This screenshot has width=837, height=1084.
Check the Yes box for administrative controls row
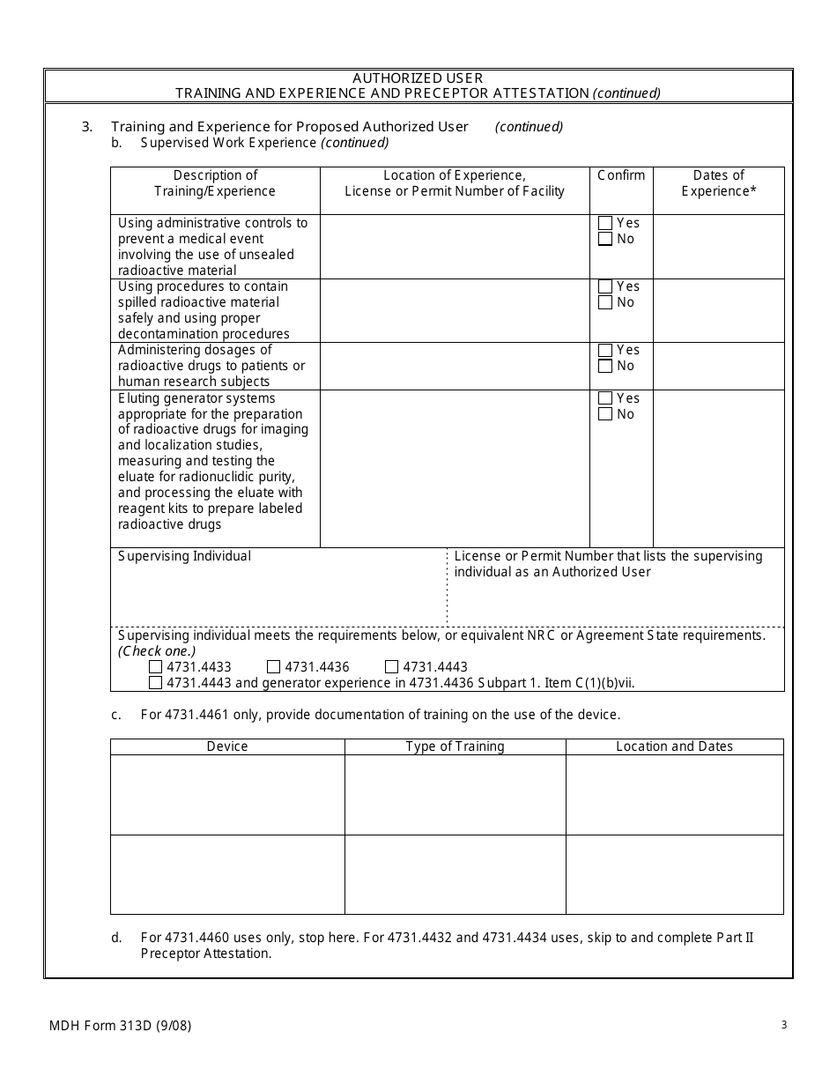coord(605,223)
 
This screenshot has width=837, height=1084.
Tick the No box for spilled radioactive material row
coord(605,302)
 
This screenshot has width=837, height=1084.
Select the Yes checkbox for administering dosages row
coord(605,350)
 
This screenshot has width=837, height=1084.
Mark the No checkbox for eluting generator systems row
coord(605,414)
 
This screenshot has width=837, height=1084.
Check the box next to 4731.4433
coord(156,667)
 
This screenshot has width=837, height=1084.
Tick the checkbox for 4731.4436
coord(274,667)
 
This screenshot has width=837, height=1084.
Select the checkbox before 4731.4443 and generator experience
coord(156,683)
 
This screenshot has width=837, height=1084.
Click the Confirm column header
coord(621,175)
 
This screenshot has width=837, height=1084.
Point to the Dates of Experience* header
coord(718,183)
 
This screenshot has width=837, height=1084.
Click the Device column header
coord(227,746)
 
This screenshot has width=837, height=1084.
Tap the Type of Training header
coord(455,746)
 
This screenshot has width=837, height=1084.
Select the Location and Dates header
coord(674,746)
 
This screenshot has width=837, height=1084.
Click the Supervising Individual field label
coord(185,556)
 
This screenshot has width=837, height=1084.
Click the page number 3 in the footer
coord(783,1024)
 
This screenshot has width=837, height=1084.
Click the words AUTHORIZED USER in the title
coord(418,78)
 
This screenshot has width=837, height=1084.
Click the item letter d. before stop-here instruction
coord(116,938)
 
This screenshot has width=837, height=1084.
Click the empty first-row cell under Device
coord(227,795)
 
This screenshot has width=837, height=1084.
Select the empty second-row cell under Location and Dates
coord(674,874)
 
